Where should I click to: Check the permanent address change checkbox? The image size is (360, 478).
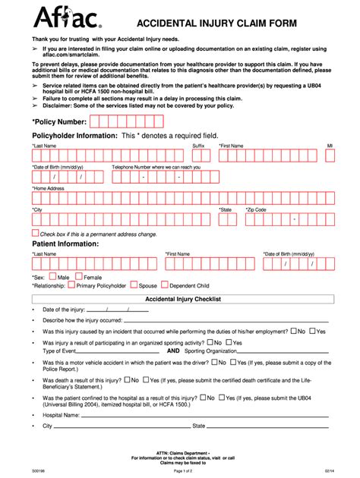(35, 233)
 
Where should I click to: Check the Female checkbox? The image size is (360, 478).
(79, 277)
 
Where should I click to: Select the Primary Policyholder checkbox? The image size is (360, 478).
(71, 286)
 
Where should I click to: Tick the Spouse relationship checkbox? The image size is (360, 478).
(134, 286)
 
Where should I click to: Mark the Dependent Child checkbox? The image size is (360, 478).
(163, 286)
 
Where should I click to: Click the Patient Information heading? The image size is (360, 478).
(65, 244)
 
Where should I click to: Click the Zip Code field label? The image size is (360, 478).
(255, 209)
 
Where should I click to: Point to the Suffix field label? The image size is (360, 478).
(199, 145)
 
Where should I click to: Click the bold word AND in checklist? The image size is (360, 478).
(173, 351)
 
